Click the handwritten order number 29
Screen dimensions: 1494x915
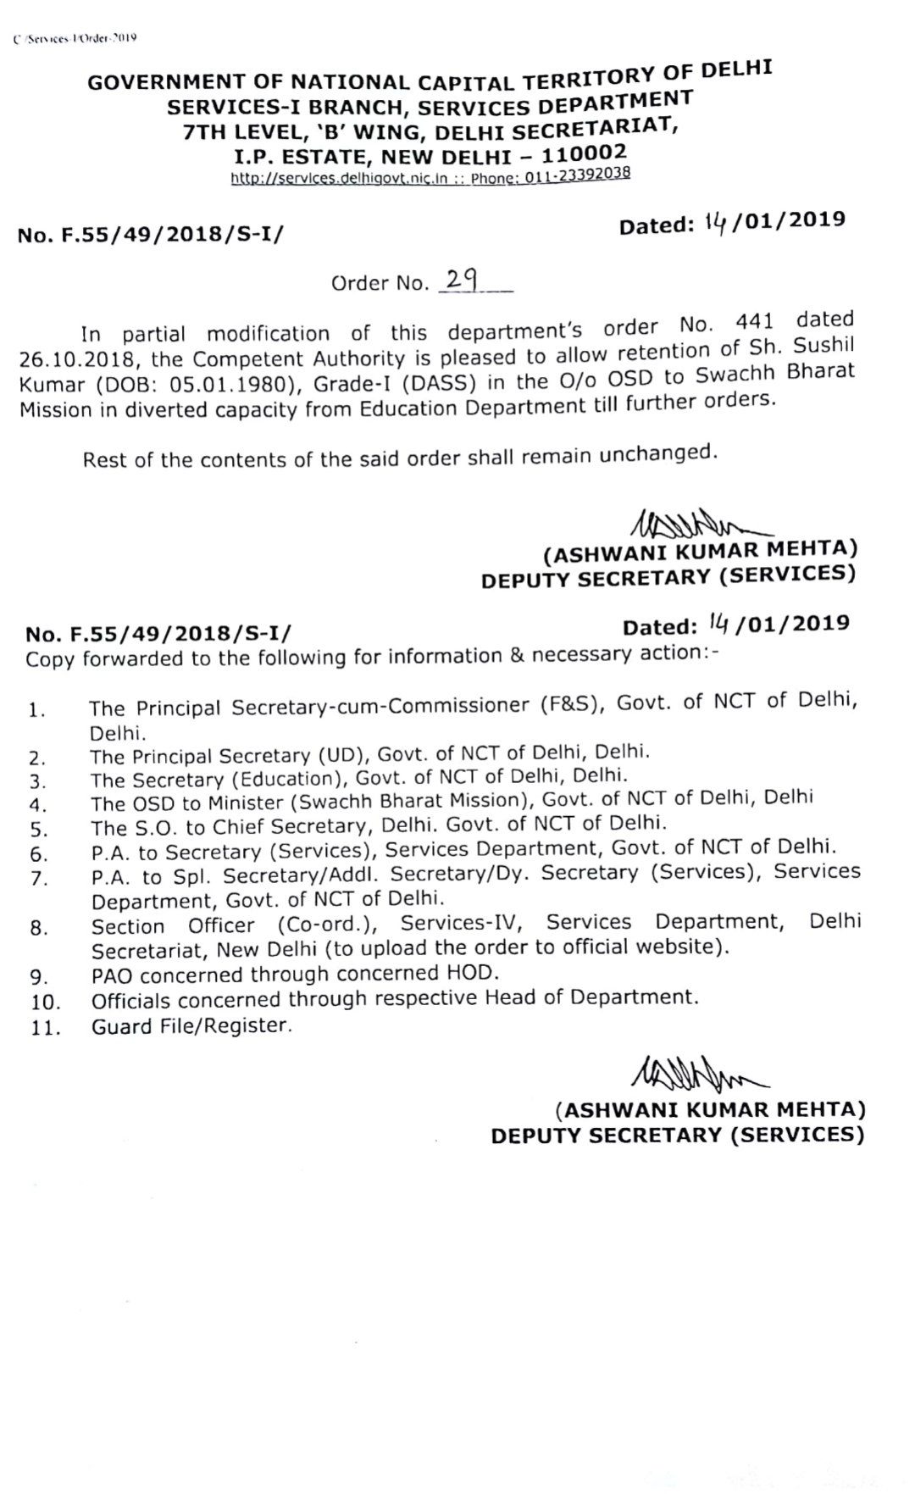(x=461, y=280)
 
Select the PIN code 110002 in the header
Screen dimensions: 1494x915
(x=584, y=153)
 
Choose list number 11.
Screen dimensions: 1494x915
(x=46, y=1029)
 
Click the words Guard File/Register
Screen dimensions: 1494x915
(x=191, y=1025)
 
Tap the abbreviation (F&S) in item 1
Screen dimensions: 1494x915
(x=573, y=703)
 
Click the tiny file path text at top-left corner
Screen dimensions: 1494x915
(x=75, y=38)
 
